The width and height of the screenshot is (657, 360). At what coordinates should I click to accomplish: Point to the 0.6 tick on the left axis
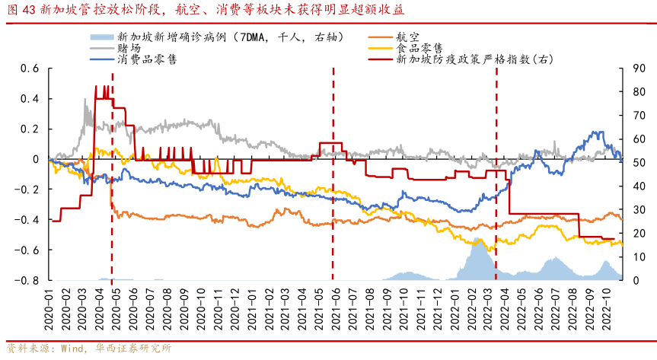coord(30,68)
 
